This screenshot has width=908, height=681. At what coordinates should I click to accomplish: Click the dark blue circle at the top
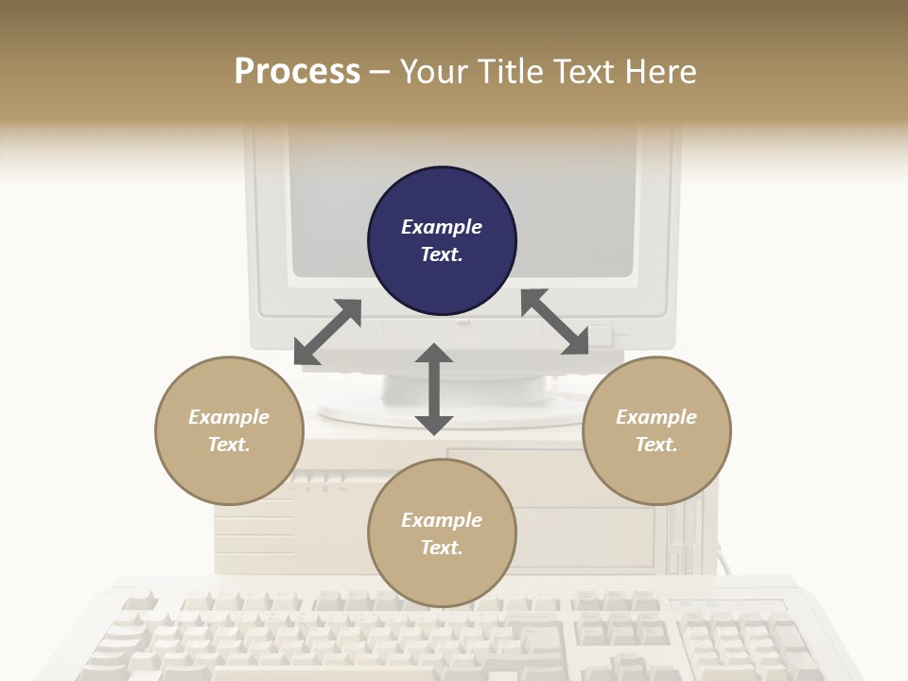442,241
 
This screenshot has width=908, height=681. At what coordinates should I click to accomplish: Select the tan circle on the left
229,430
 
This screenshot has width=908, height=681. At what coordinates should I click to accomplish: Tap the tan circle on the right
656,430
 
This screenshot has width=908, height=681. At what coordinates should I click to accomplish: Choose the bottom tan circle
442,533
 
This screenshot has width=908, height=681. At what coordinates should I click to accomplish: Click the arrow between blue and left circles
327,332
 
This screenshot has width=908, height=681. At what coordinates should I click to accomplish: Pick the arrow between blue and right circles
555,323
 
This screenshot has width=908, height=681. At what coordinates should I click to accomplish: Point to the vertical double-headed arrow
434,389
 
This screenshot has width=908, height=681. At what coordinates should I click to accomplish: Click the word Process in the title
297,71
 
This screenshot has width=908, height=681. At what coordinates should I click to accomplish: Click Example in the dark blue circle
442,227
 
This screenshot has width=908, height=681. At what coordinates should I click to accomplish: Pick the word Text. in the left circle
229,445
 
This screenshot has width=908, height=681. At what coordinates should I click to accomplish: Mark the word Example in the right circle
656,416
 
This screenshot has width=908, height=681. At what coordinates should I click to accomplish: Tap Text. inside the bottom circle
442,548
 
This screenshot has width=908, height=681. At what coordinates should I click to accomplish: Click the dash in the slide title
380,72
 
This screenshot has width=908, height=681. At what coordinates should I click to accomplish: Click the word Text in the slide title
586,71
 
